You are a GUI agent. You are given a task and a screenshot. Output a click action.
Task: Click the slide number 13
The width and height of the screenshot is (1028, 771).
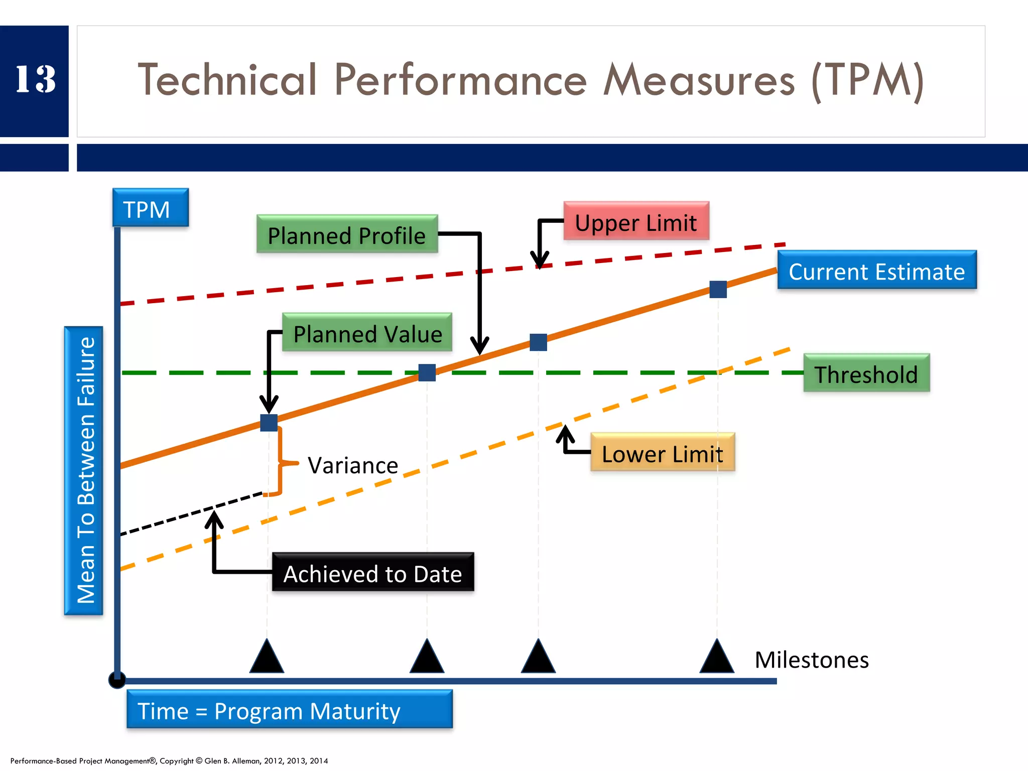(x=35, y=79)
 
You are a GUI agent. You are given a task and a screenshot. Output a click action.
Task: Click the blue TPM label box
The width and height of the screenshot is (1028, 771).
(x=151, y=208)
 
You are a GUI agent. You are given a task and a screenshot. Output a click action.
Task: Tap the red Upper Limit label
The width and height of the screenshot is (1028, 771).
(x=636, y=222)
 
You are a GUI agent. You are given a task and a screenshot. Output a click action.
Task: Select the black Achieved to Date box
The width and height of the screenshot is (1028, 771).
(x=373, y=573)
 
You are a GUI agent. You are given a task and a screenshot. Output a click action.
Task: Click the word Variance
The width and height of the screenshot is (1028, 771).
(x=353, y=465)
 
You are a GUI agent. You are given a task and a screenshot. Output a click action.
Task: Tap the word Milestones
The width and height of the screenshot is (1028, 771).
(x=812, y=660)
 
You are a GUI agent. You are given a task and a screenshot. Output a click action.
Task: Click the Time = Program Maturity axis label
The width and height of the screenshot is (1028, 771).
(x=290, y=710)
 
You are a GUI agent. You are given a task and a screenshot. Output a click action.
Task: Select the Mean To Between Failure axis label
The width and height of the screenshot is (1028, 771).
(x=84, y=470)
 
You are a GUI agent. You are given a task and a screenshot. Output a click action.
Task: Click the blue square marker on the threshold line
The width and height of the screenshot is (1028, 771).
(x=427, y=373)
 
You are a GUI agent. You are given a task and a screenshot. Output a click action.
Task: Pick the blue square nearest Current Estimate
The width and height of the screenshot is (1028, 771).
(x=718, y=290)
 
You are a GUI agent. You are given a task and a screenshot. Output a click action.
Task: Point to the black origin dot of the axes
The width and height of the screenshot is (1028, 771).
(x=117, y=681)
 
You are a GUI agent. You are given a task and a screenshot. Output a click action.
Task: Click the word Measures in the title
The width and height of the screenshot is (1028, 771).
(x=699, y=80)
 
